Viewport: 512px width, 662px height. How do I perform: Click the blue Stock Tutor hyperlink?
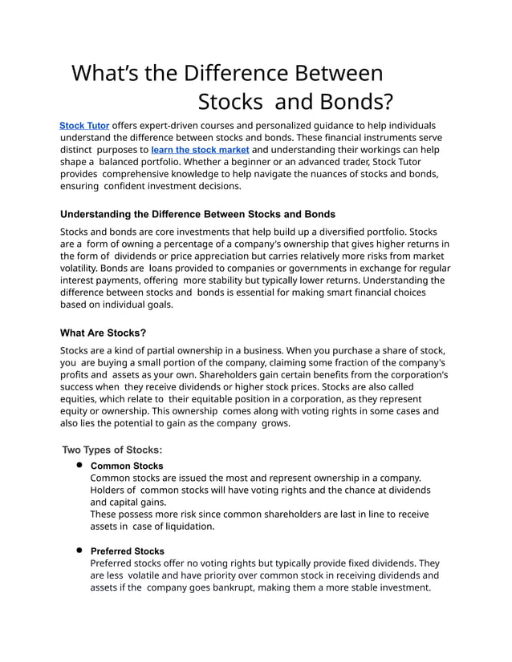coord(84,126)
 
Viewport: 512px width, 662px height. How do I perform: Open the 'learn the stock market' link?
coord(200,150)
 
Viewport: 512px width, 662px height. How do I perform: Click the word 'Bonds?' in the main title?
coord(353,102)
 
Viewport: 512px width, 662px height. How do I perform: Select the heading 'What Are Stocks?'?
coord(104,333)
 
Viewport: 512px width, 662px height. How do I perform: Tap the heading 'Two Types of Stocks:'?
coord(112,450)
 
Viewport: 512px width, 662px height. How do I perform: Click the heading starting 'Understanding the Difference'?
coord(197,214)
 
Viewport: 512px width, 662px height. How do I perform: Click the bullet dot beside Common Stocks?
coord(80,465)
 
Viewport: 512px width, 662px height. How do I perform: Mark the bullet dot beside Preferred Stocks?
coord(80,551)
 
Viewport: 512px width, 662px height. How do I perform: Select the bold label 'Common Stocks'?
coord(127,466)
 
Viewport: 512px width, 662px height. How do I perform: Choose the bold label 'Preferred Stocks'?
coord(128,551)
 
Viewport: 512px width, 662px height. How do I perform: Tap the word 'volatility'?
coord(86,268)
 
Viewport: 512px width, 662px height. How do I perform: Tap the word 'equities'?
coord(83,399)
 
